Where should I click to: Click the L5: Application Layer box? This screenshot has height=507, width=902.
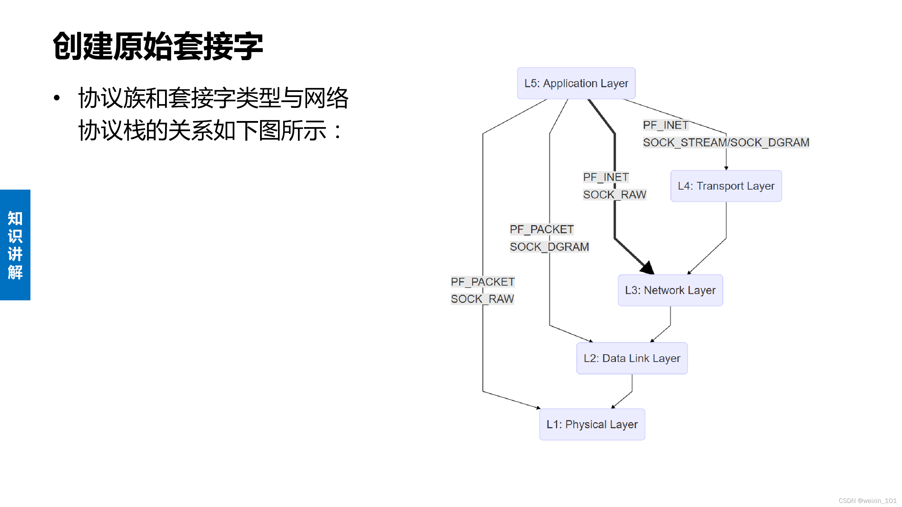(576, 83)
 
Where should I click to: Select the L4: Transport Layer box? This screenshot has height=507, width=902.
(726, 186)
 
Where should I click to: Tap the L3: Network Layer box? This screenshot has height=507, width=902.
(670, 290)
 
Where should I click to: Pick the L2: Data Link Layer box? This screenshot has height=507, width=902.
(632, 358)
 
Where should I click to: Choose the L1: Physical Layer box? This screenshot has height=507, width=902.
(592, 424)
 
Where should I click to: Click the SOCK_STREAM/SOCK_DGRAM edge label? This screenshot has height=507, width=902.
(726, 142)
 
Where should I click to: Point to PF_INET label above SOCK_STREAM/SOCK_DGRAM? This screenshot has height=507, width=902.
(665, 125)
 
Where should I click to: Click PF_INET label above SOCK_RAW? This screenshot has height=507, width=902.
(606, 177)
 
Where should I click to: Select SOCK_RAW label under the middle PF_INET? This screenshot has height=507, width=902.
(615, 195)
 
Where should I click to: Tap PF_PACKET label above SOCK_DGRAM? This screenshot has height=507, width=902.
(542, 229)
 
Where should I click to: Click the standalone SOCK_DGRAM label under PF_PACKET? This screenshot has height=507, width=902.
(549, 247)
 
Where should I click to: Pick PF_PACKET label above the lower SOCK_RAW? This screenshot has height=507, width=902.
(483, 282)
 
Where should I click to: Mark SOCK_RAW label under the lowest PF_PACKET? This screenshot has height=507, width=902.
(482, 299)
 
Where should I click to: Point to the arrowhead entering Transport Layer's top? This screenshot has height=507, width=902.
(726, 168)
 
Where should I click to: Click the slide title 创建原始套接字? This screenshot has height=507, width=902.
(158, 46)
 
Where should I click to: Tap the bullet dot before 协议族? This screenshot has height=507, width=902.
(57, 98)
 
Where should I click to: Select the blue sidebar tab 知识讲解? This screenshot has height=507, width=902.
(15, 245)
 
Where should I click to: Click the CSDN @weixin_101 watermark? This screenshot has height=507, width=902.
(867, 501)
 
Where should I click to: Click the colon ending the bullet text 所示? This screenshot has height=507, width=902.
(337, 131)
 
